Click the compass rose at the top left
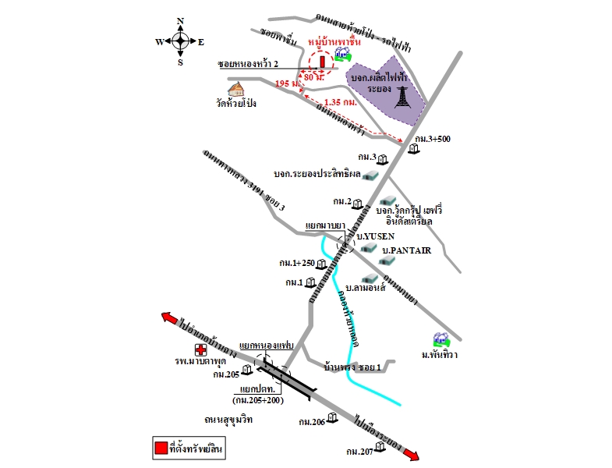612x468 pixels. tap(180, 41)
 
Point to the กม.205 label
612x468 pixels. tap(226, 374)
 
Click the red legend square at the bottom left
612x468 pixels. tap(161, 448)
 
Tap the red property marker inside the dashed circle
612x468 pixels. tap(321, 62)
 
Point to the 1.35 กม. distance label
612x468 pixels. tap(340, 102)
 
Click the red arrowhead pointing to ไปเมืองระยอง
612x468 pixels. tap(413, 456)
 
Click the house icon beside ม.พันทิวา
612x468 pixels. tap(442, 339)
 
